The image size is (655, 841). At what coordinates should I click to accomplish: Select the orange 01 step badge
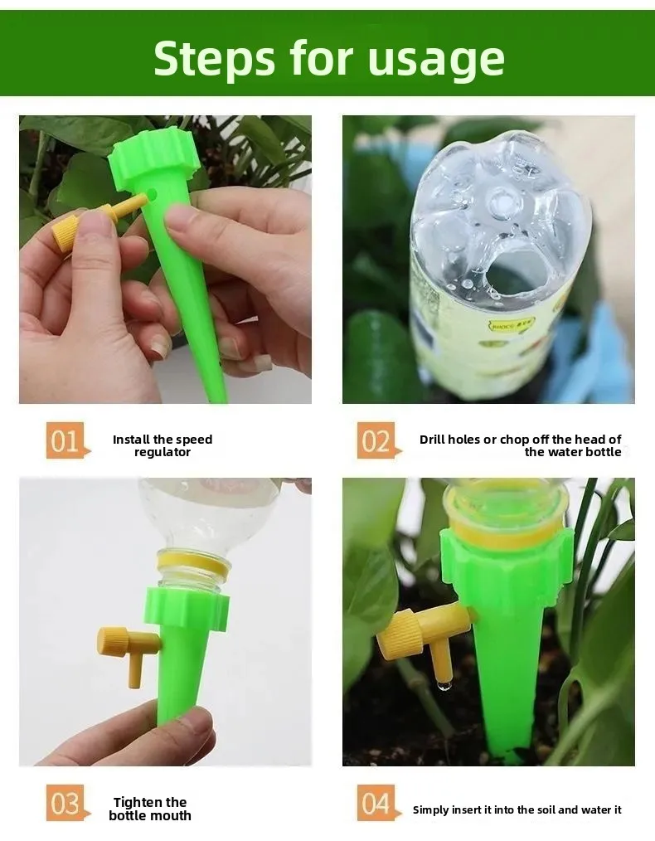click(66, 440)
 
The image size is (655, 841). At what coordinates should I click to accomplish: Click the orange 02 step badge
click(377, 440)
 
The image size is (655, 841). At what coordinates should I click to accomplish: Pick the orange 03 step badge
click(66, 803)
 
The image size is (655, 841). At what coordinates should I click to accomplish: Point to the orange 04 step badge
click(377, 803)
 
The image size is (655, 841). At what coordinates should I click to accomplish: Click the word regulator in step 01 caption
click(163, 453)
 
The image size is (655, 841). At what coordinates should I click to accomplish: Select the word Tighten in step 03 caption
click(138, 803)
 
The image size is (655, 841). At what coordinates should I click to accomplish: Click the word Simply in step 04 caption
click(429, 810)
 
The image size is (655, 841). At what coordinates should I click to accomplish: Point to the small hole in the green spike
click(154, 193)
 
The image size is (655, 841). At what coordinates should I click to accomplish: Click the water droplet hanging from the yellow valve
click(443, 685)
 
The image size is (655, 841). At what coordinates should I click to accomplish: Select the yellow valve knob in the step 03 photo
click(112, 641)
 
